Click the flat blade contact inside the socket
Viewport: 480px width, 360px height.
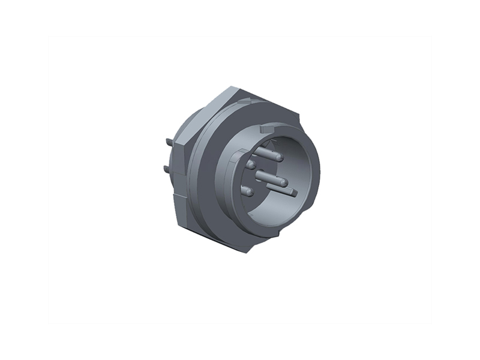[290, 192]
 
